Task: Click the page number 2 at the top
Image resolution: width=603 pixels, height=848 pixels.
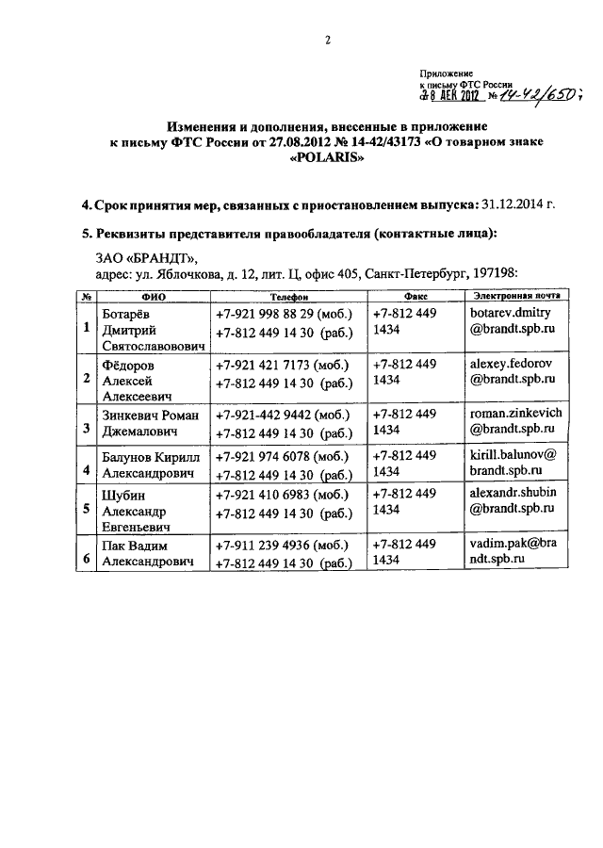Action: tap(329, 40)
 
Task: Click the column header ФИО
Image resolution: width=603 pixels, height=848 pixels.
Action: tap(153, 295)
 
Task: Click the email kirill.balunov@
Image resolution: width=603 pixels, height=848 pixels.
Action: tap(515, 453)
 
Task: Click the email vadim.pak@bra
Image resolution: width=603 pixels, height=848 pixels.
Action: tap(514, 543)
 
